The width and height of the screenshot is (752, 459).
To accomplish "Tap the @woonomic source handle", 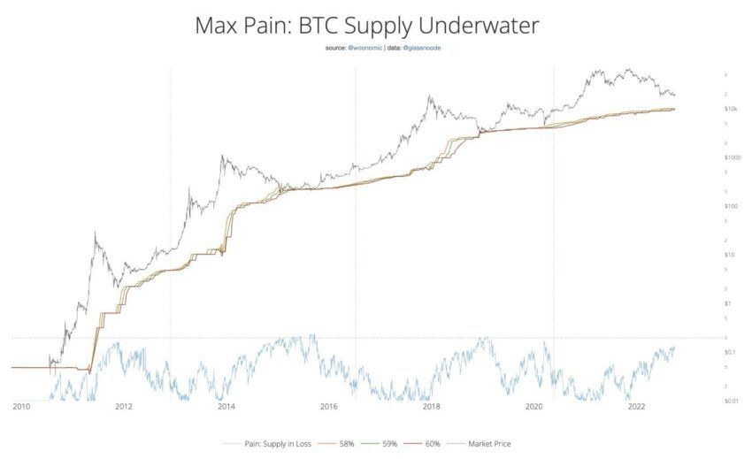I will (364, 48).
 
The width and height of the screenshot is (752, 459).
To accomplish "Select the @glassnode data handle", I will (422, 48).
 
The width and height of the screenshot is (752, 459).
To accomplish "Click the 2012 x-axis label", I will (123, 408).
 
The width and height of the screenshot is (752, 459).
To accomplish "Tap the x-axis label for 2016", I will (328, 408).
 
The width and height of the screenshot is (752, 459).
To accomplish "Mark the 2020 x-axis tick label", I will (533, 408).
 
